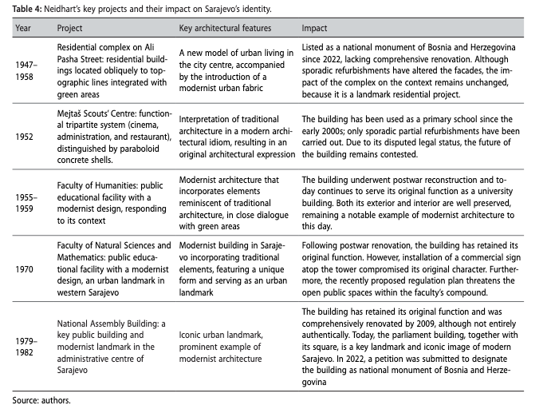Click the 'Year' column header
(24, 28)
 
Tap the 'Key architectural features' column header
(226, 28)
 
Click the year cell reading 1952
(25, 136)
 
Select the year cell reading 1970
(25, 271)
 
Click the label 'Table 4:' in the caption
(26, 8)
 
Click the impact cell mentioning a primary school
(415, 136)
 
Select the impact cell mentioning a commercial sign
(415, 271)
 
